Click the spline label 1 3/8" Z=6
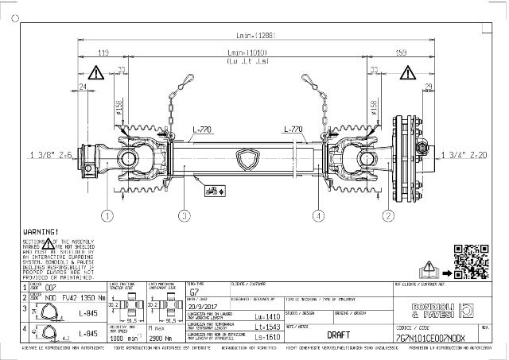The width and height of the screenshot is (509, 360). click(52, 154)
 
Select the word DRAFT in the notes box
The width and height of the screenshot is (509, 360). click(339, 335)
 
